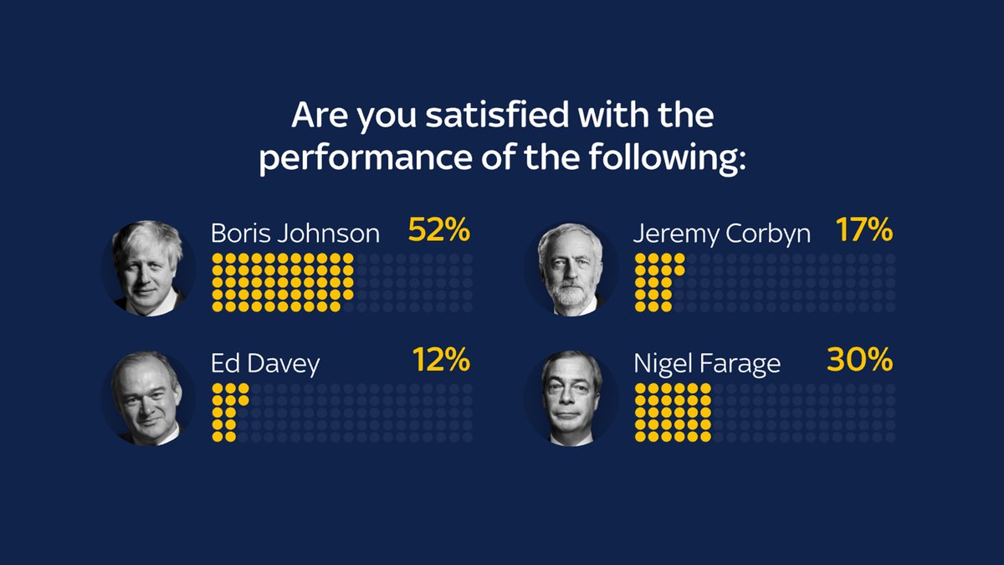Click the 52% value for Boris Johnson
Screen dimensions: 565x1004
[x=439, y=230]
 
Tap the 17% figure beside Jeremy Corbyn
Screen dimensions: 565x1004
[x=864, y=230]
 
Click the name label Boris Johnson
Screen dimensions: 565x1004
[x=295, y=233]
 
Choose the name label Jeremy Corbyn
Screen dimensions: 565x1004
[x=721, y=233]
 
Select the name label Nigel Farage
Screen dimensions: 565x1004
[x=707, y=364]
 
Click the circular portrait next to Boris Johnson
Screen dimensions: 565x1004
[x=148, y=268]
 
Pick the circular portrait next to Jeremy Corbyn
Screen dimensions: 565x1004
[x=571, y=269]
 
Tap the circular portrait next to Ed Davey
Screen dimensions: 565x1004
[x=148, y=398]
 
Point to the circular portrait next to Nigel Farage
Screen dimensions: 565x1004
[x=571, y=398]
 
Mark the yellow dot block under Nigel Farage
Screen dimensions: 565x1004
[x=674, y=412]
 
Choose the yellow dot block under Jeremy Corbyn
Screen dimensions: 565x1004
[x=658, y=283]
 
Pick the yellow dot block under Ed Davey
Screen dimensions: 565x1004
[x=226, y=412]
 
